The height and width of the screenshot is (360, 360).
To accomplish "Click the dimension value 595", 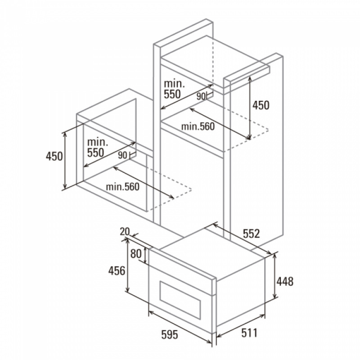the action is coord(170,334).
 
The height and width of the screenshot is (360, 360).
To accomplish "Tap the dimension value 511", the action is coord(249,333).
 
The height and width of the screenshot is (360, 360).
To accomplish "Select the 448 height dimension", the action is coord(285,282).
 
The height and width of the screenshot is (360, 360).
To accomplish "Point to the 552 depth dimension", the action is coord(251,234).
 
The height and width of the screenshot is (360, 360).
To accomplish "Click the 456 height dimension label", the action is coord(117,271).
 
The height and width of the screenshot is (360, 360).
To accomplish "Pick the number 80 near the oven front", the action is coord(136,254).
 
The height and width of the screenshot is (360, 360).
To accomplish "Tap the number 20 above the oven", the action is coord(125,232).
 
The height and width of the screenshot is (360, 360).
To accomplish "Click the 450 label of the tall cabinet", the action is coord(261,105).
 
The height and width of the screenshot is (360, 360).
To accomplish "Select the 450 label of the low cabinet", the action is coord(54,156).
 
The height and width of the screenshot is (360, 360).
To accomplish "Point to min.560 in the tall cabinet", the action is coord(198,126).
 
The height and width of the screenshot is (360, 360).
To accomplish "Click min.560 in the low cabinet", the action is coord(122,187).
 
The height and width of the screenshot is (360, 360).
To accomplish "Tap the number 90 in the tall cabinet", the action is coord(200,97).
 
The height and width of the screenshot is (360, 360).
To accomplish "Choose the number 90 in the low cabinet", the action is coord(122,155).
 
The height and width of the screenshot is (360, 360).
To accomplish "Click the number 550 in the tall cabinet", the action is coord(172,94).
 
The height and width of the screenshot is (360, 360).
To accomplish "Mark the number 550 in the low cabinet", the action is coord(95,153).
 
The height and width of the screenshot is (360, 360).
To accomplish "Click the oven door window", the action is coord(180,300).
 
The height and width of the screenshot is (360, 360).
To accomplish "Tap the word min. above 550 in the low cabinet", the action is coord(98,142).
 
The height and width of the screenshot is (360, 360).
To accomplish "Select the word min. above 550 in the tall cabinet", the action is coord(174,84).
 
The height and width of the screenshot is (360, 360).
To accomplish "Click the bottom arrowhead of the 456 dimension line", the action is coord(128,290).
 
